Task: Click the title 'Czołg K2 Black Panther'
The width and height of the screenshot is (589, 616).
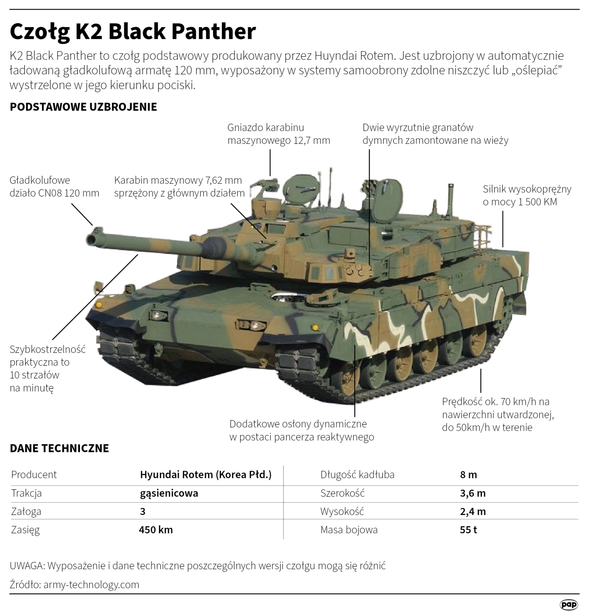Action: click(133, 31)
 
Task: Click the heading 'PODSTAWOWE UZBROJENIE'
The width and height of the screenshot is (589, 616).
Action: click(83, 107)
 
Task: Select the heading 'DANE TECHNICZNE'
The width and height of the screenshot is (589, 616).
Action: click(59, 448)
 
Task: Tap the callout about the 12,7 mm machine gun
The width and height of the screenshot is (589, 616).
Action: click(279, 134)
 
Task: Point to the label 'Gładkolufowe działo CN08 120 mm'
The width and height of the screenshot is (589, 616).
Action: click(54, 187)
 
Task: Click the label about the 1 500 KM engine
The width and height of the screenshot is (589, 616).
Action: click(527, 195)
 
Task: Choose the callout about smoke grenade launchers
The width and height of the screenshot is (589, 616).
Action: click(435, 134)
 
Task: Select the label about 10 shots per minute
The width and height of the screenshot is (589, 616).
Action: click(47, 368)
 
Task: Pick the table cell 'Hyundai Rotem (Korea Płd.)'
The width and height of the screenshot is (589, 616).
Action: click(206, 475)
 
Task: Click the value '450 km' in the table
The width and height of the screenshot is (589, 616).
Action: click(156, 530)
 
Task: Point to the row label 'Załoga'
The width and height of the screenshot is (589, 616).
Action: click(26, 512)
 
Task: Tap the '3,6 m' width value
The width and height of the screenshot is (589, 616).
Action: click(473, 493)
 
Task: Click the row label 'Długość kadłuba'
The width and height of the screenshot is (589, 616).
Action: click(357, 475)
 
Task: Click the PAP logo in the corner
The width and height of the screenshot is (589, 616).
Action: click(569, 604)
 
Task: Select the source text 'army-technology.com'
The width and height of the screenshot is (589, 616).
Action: click(91, 585)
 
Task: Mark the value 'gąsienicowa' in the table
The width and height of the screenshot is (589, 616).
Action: click(169, 493)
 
